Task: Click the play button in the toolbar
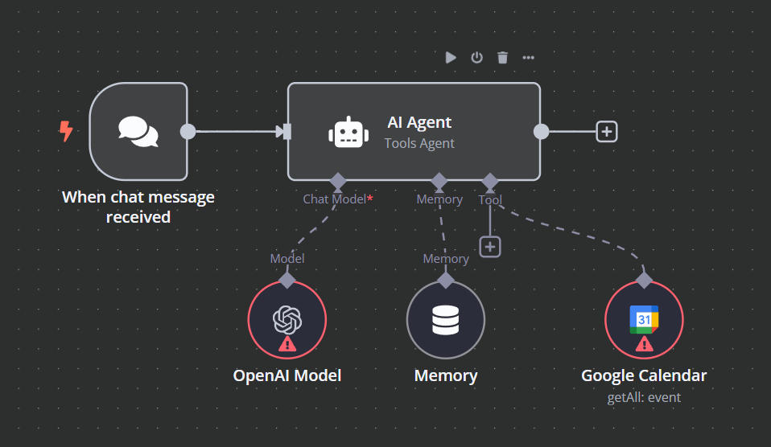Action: (x=451, y=57)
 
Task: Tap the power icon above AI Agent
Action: (x=476, y=57)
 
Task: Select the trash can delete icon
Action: (x=502, y=57)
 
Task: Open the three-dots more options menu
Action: (x=528, y=57)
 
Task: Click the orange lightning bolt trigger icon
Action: (x=66, y=131)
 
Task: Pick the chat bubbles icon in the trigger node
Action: (x=138, y=132)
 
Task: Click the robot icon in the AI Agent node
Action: (x=347, y=132)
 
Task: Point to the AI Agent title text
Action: (x=419, y=122)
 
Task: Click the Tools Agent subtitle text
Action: (x=419, y=143)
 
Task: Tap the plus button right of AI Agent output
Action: (x=606, y=131)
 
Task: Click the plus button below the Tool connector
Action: (x=490, y=247)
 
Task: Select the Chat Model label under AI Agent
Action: (x=335, y=199)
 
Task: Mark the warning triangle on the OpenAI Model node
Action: (x=287, y=344)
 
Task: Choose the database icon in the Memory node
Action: (x=445, y=320)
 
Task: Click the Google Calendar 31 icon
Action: (x=643, y=319)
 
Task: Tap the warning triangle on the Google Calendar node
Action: (x=644, y=344)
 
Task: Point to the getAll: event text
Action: (x=644, y=397)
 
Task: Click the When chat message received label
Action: (x=138, y=207)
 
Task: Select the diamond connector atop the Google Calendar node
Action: (x=644, y=280)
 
